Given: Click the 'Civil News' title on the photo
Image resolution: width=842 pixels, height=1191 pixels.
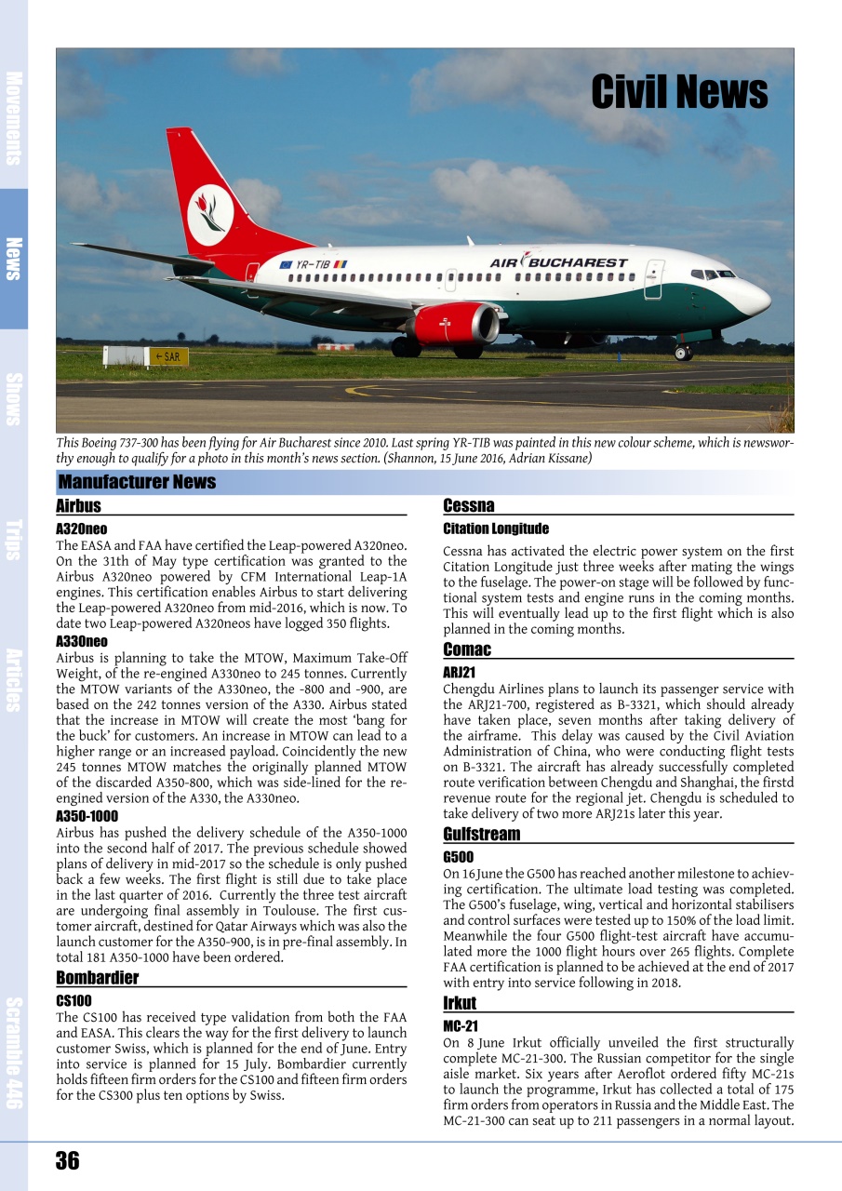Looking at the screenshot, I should click(679, 93).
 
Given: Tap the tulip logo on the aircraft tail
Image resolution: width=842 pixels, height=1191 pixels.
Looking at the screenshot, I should click(210, 214).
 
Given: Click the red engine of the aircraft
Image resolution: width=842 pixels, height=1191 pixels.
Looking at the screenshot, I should click(454, 324).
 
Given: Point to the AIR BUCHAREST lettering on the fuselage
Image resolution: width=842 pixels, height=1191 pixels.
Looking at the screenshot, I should click(558, 262).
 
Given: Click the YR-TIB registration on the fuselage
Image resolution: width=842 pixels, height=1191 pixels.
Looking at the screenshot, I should click(313, 265).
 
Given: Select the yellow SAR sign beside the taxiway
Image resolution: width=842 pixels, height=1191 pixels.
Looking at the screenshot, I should click(168, 356).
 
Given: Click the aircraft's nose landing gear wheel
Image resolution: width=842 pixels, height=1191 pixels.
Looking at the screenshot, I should click(683, 353).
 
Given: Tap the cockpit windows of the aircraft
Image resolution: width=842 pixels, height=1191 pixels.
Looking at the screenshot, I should click(712, 274).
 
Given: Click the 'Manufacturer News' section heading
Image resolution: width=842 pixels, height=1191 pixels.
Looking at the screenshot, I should click(137, 482).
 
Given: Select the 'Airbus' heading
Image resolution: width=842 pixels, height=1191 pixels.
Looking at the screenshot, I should click(78, 506).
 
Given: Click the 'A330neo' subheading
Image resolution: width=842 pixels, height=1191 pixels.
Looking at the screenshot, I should click(82, 642).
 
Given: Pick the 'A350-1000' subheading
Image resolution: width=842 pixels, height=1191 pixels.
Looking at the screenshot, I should click(87, 816).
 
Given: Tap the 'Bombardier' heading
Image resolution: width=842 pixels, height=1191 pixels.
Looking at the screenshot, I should click(97, 978).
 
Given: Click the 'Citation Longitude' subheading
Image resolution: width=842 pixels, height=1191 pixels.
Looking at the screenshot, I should click(496, 529).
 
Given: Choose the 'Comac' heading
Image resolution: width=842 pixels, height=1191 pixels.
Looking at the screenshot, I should click(467, 649).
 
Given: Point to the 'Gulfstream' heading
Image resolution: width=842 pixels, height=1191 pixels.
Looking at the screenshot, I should click(481, 834).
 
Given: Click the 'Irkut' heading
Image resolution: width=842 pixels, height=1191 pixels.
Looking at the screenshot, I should click(460, 1003).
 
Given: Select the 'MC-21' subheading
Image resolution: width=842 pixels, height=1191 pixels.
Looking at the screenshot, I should click(461, 1025).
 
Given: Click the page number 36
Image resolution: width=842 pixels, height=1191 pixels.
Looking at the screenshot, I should click(67, 1160).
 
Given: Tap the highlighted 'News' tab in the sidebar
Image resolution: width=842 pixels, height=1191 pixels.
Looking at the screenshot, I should click(13, 259).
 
